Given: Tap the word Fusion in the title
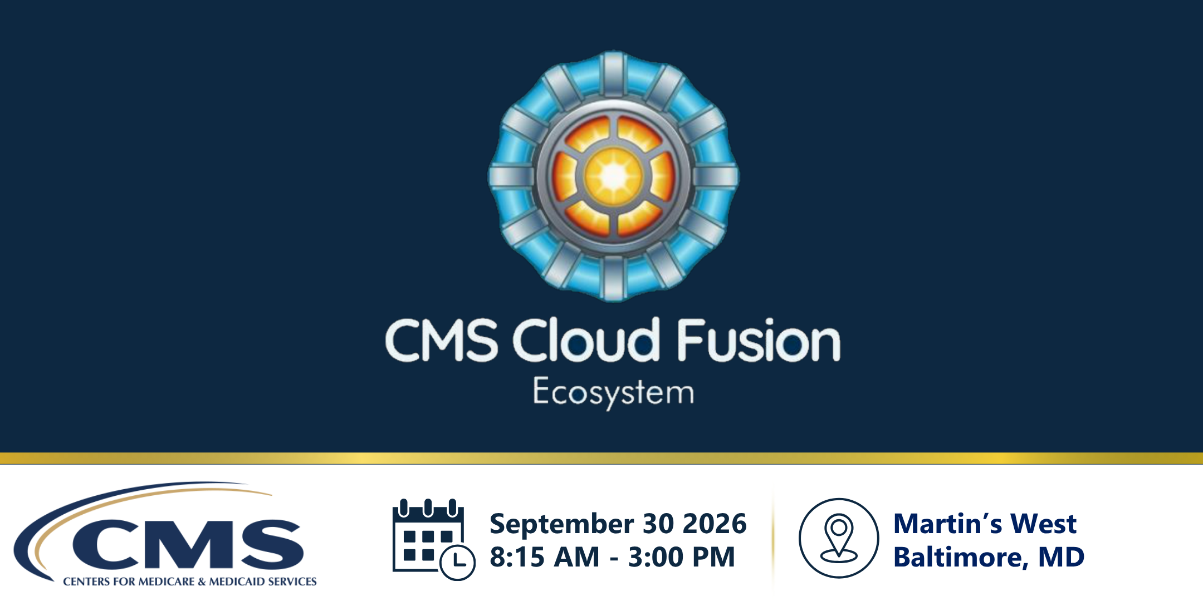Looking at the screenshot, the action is [x=759, y=340].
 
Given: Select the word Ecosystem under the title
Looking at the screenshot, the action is [x=613, y=393].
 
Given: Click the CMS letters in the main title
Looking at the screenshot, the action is [x=442, y=340].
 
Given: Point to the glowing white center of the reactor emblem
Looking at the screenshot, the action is [x=614, y=176].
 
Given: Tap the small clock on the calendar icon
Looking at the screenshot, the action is [x=458, y=563].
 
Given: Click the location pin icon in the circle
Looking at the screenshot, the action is [x=839, y=538].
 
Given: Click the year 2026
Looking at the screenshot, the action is [x=715, y=524].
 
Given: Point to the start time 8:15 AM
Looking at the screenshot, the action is [x=545, y=557].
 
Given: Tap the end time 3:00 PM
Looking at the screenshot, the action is [x=682, y=557].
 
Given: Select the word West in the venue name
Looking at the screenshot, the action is [x=1043, y=524].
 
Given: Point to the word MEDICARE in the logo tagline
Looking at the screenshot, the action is [x=167, y=582].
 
